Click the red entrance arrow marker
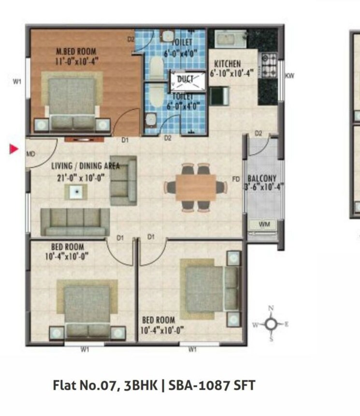14,149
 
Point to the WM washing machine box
263,224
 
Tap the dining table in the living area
196,187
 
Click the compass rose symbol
271,324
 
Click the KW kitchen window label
289,75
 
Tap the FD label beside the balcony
236,179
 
